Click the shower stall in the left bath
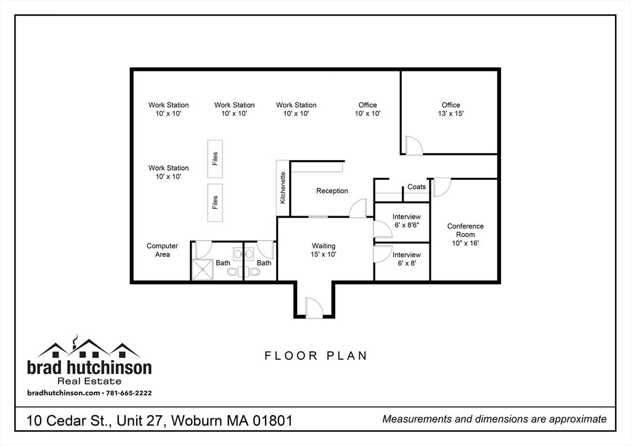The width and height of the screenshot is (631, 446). tap(202, 269)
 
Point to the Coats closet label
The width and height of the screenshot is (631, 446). tap(417, 187)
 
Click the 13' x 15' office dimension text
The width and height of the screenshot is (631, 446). tap(450, 114)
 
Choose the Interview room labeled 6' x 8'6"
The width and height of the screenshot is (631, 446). tap(407, 221)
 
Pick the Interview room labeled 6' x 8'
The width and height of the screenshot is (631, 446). tap(407, 259)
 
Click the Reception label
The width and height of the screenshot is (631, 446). tap(332, 191)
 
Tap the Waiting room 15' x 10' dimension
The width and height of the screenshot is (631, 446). tap(324, 254)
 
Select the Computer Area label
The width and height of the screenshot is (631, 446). tap(162, 250)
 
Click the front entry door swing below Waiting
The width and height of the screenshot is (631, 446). tap(313, 307)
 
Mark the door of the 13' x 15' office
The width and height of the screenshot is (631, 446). tap(413, 145)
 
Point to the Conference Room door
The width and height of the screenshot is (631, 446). tap(442, 187)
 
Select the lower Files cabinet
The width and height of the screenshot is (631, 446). tap(215, 202)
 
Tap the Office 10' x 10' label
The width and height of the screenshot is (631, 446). tap(367, 109)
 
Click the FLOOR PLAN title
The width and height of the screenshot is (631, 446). tap(315, 355)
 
